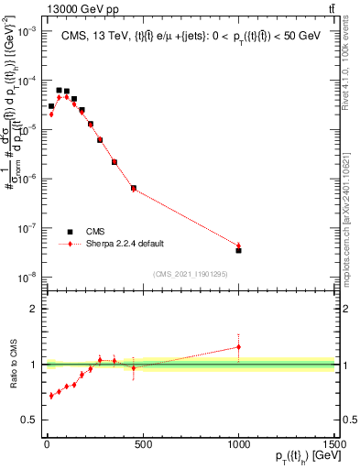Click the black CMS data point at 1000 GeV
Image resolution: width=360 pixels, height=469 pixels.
[238, 249]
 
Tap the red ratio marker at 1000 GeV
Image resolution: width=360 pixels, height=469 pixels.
[238, 346]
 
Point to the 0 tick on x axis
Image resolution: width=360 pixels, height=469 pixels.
[46, 444]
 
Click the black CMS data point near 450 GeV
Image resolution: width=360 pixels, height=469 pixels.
[134, 189]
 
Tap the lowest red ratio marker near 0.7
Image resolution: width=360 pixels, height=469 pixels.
[51, 396]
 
